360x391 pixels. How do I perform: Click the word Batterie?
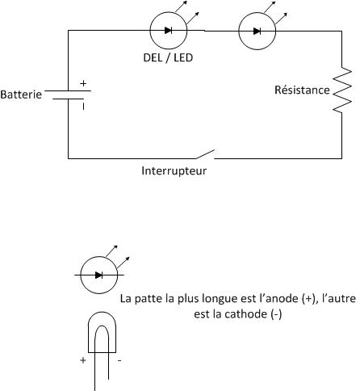coord(21,95)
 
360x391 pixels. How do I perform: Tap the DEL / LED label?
coord(168,57)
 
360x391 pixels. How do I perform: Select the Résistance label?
coord(302,90)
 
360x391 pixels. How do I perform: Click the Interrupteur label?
coord(174,170)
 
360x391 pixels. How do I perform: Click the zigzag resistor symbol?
coord(342,90)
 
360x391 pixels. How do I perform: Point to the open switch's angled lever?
coord(205,154)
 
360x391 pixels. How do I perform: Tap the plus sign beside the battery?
coord(83,83)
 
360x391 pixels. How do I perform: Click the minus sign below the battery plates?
coord(83,107)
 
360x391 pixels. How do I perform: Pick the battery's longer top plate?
coord(68,90)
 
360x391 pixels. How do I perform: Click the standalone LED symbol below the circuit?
coord(99,275)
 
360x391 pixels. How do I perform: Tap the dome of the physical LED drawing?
coord(103,313)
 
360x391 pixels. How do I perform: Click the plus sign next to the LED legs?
coord(83,360)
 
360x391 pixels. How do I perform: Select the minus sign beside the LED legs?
coord(119,360)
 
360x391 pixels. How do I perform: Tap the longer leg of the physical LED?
coord(95,358)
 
